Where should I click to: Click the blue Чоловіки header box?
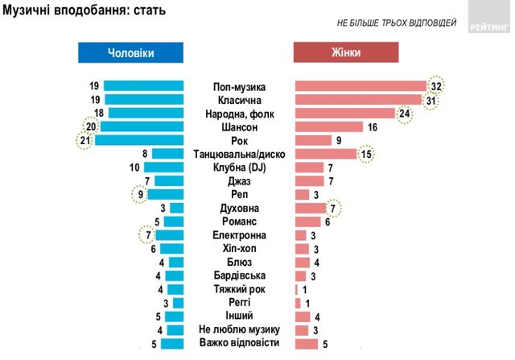(x=130, y=52)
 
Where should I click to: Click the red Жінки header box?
(x=344, y=52)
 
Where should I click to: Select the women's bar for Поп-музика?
(x=360, y=86)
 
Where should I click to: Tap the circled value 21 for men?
(x=84, y=140)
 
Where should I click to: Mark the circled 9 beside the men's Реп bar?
(x=142, y=194)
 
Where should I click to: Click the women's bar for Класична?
(x=358, y=100)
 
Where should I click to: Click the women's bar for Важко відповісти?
(x=307, y=344)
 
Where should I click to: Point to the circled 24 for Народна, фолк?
(x=405, y=114)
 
